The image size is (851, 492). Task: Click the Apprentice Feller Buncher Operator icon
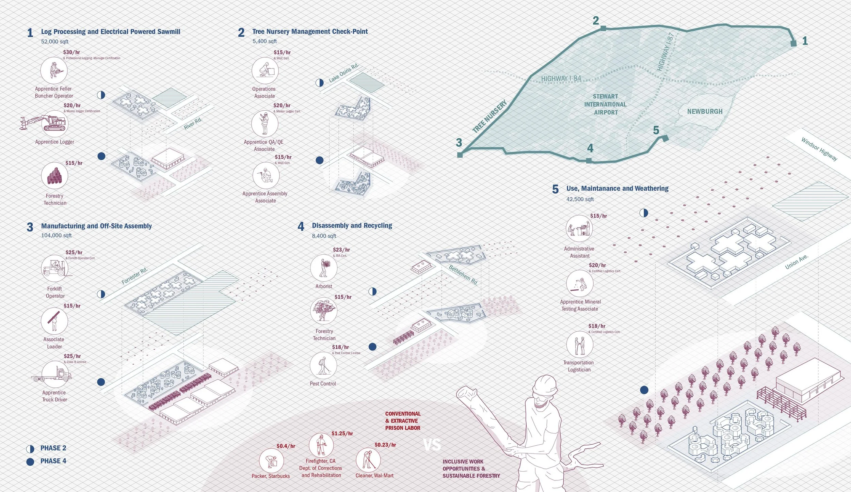tap(54, 70)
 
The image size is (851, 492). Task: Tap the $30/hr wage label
tap(71, 52)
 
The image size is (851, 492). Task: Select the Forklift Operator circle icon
tap(54, 268)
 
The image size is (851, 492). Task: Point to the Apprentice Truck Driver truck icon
tap(54, 375)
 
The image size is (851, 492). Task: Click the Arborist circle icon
tap(323, 268)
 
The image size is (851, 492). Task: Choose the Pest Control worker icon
tap(323, 365)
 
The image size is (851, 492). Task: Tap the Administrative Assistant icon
tap(579, 228)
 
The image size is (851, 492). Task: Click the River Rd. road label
tap(193, 124)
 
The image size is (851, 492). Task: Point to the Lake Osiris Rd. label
tap(343, 73)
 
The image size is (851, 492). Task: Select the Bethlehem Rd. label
tap(463, 275)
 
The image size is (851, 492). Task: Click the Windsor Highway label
tap(819, 149)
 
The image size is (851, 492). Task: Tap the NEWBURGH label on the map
tap(705, 111)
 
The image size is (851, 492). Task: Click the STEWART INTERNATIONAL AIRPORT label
tap(605, 104)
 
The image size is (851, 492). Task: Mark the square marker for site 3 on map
tap(460, 155)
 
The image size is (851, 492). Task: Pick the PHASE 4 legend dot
tap(30, 462)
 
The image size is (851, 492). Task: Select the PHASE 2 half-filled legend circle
tap(30, 449)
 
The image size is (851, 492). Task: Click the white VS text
tap(432, 445)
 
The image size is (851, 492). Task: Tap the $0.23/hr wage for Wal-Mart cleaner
tap(385, 445)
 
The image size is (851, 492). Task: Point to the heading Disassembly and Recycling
tap(352, 225)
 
